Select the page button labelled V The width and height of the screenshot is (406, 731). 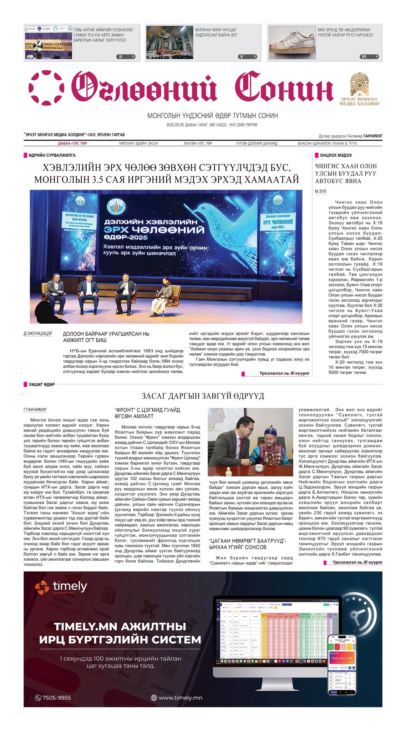click(x=247, y=57)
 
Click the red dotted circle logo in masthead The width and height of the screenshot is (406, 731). click(x=46, y=88)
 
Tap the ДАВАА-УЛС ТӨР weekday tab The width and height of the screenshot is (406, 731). click(x=72, y=143)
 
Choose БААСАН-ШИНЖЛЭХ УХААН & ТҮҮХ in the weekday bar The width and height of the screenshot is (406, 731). click(x=327, y=143)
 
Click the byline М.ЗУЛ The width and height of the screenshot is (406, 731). click(x=320, y=192)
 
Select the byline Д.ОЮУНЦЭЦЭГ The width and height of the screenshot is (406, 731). click(x=38, y=333)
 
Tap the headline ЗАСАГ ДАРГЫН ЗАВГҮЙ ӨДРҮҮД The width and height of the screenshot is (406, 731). click(x=203, y=396)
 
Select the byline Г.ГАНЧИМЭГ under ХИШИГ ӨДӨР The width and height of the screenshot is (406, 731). click(x=35, y=410)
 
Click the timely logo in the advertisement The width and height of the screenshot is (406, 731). click(x=61, y=586)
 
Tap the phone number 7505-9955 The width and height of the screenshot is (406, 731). click(x=53, y=697)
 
